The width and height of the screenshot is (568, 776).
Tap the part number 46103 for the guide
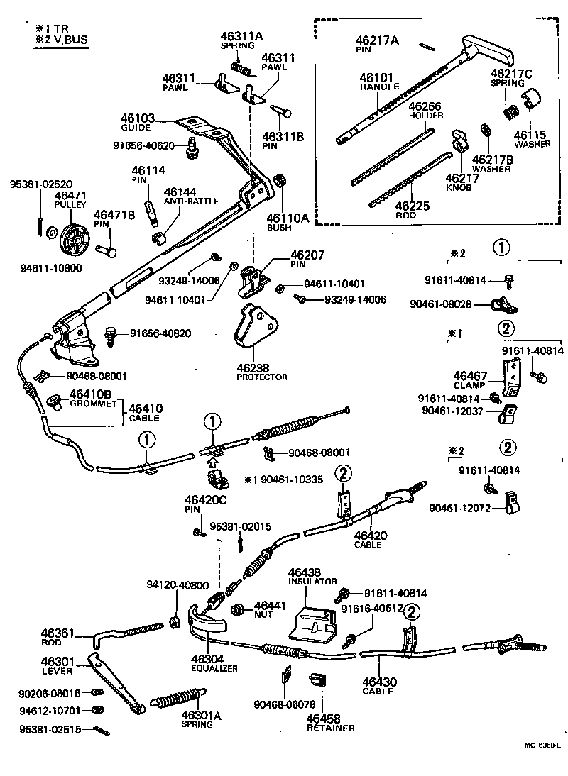(136, 118)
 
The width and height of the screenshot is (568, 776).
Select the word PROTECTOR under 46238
(262, 377)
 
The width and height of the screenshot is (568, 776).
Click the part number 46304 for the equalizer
(205, 659)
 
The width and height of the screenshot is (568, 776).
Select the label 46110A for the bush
(288, 218)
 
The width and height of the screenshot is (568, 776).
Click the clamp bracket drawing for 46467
(511, 377)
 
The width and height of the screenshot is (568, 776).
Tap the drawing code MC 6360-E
(542, 745)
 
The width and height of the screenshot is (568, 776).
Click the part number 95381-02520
(41, 184)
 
